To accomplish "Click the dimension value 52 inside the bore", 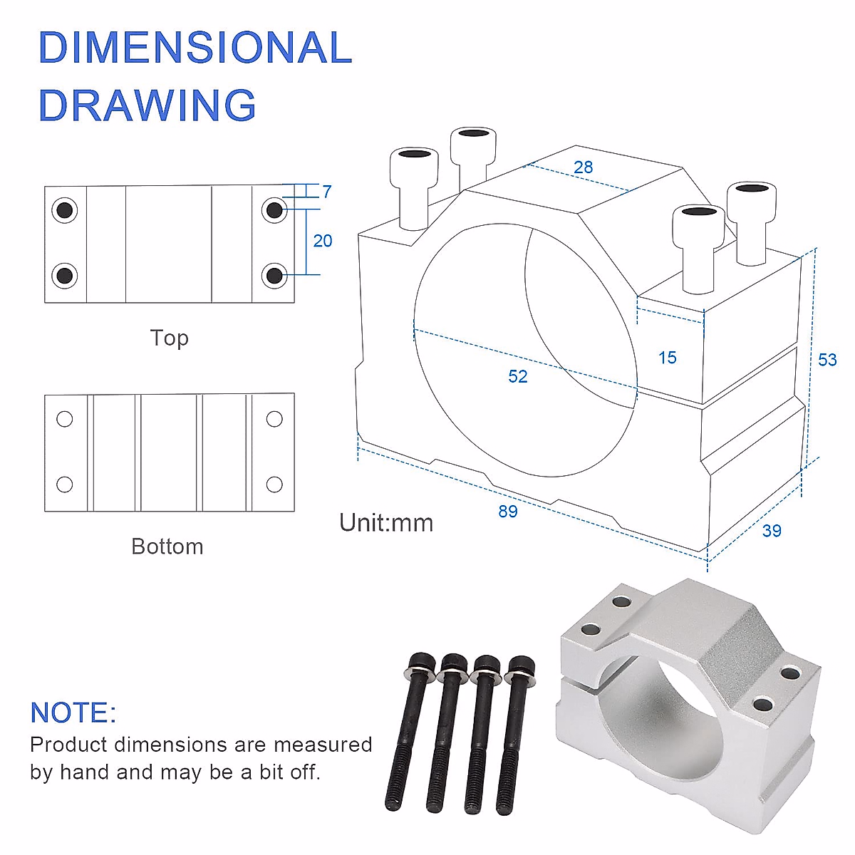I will (x=518, y=376).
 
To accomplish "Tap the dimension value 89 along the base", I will (x=508, y=512).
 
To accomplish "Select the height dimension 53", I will (x=827, y=360).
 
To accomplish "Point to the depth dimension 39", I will (x=772, y=531).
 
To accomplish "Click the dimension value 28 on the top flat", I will (x=583, y=167).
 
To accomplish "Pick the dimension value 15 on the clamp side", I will (x=668, y=358).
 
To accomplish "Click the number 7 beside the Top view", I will (x=327, y=192).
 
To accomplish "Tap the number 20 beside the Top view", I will (x=323, y=241).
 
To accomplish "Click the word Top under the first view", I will (x=169, y=338).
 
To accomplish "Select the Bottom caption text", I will (x=167, y=546).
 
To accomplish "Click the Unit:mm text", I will (x=386, y=523).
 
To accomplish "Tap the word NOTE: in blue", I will (x=73, y=712).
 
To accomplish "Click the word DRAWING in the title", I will (x=147, y=105).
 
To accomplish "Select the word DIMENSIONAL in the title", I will (x=195, y=48).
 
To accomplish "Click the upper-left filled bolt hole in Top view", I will (x=65, y=210).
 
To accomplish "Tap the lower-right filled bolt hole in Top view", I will (x=274, y=275).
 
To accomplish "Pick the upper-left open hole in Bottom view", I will (x=65, y=419).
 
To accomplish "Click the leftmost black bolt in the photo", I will (x=409, y=727).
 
